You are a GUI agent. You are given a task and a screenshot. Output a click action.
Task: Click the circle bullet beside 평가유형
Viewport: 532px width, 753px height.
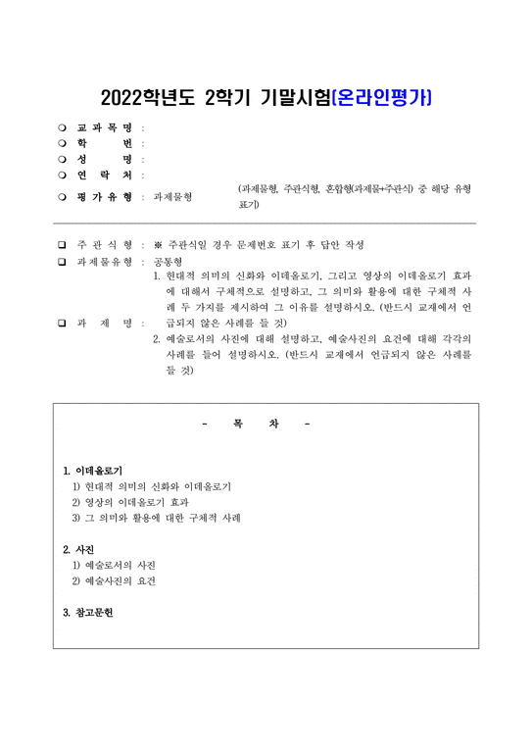(63, 196)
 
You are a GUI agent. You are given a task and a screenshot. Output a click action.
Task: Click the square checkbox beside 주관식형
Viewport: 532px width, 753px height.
(63, 244)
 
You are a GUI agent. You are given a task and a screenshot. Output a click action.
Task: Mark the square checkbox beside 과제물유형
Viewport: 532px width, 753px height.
(63, 261)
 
